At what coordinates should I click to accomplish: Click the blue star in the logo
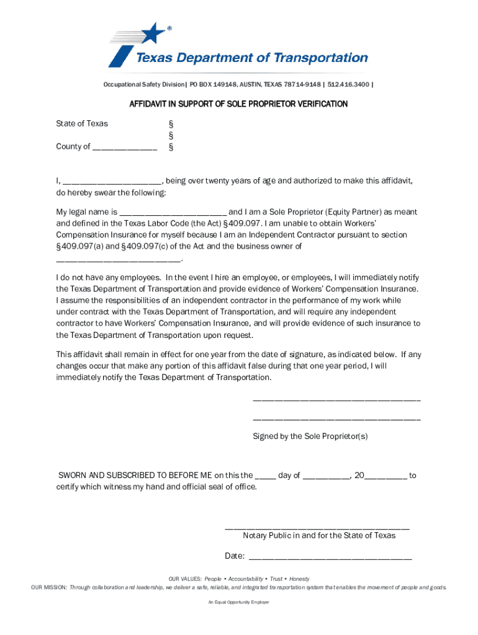(x=152, y=34)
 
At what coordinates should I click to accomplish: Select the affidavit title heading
(x=238, y=104)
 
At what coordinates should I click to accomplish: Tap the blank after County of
(x=125, y=148)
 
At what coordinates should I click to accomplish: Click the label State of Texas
(x=82, y=123)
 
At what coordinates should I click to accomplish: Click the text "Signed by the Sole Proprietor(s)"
(x=310, y=436)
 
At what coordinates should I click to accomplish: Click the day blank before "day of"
(x=266, y=476)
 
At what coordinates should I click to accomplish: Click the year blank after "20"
(x=386, y=476)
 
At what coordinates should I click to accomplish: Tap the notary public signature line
(x=317, y=528)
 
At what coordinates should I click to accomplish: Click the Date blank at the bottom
(x=330, y=556)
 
